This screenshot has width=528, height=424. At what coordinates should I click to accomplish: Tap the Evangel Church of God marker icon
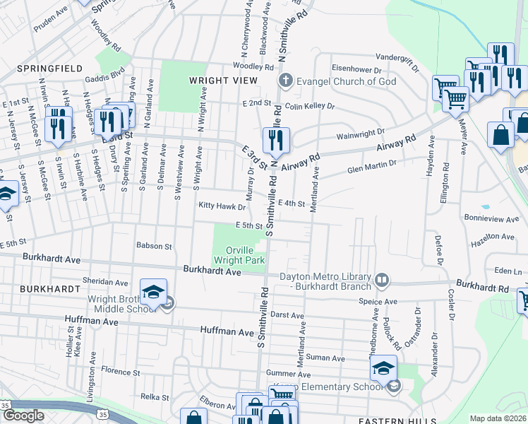[286, 81]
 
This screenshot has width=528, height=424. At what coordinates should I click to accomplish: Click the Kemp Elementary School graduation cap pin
[383, 369]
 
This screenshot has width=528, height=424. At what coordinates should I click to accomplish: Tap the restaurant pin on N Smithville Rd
[275, 140]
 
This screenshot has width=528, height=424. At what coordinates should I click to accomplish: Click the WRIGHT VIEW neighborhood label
[223, 81]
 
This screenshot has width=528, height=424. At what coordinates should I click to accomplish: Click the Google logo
[23, 416]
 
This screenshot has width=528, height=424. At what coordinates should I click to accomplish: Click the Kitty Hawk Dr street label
[222, 207]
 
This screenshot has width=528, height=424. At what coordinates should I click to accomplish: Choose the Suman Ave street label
[325, 358]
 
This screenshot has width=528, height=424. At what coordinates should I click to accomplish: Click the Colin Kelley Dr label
[310, 107]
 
